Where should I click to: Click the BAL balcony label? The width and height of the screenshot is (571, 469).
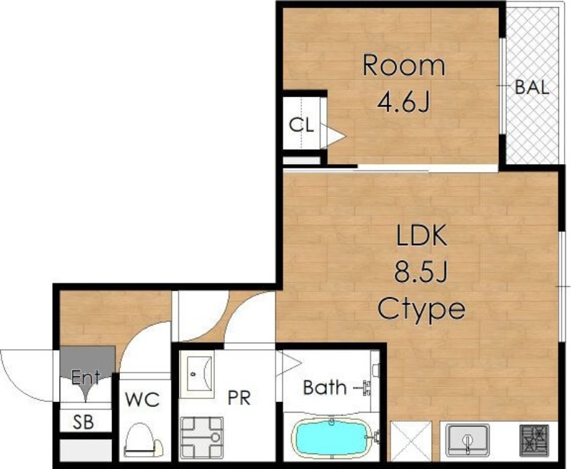tap(532, 87)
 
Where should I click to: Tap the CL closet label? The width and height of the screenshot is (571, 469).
tap(301, 125)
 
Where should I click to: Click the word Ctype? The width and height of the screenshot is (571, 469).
tap(421, 310)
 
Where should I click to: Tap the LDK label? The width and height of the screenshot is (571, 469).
tap(421, 236)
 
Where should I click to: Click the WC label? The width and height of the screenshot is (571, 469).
tap(142, 400)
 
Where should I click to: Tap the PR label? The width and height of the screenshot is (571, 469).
tap(239, 398)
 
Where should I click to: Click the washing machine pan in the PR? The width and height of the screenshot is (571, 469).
tap(202, 438)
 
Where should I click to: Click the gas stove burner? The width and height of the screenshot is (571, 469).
tap(534, 440)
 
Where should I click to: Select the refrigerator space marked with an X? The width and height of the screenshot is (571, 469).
tap(411, 440)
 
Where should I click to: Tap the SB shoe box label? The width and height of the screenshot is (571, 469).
tap(84, 422)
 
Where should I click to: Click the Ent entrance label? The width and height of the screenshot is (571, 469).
tap(86, 377)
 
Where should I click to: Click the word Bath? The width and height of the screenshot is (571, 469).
tap(325, 388)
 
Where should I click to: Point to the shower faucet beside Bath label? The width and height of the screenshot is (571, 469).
tap(365, 388)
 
